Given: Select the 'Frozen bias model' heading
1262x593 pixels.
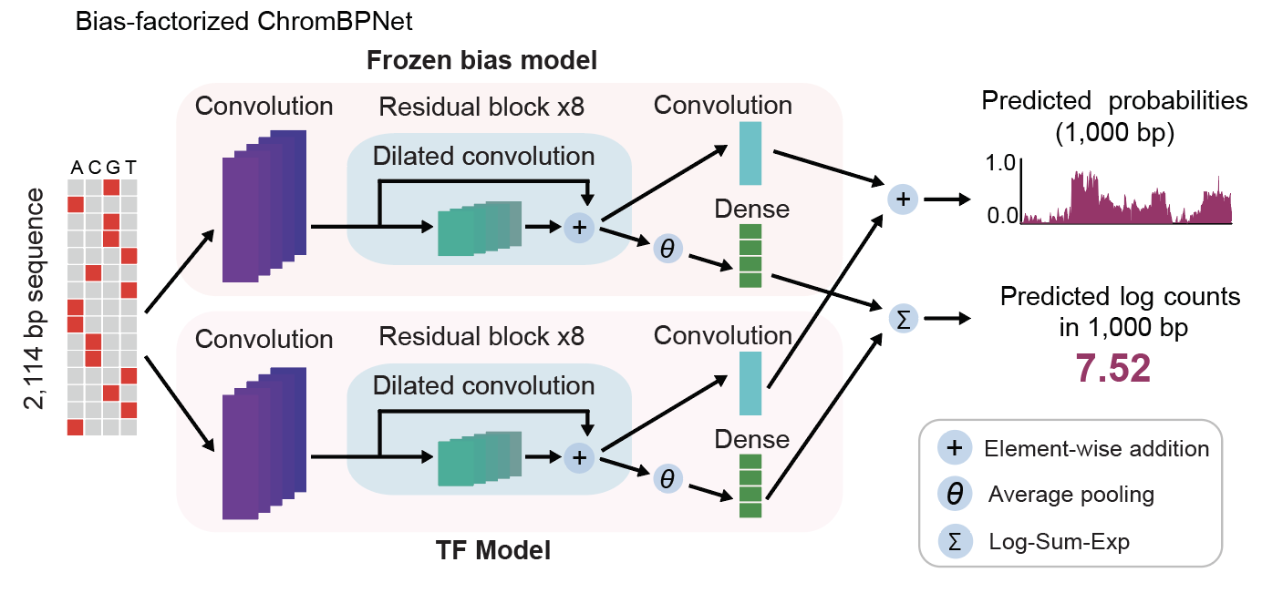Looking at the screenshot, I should click(481, 62).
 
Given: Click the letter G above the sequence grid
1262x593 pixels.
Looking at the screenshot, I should click(111, 167).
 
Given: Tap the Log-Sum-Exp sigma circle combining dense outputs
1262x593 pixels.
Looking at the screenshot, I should click(902, 318).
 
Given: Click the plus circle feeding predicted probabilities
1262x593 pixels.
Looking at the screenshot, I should click(902, 199).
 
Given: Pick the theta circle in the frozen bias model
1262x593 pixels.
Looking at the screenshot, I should click(667, 248).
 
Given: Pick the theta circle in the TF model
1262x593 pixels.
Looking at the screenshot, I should click(667, 478).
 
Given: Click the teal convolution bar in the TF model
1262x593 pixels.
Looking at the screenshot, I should click(750, 383).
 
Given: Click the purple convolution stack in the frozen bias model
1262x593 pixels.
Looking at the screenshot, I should click(264, 206).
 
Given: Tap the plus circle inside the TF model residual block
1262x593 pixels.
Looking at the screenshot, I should click(578, 455).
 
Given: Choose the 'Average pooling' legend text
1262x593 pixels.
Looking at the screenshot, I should click(1071, 495).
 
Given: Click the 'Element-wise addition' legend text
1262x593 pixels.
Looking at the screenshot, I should click(1096, 448).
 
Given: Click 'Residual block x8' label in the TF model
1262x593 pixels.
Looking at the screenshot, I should click(481, 337).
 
